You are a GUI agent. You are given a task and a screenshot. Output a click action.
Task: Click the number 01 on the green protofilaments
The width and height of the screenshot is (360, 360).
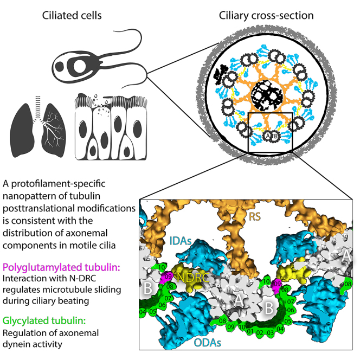[x=249, y=331]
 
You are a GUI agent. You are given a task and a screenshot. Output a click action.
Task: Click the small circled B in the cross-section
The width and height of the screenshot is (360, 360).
[x=274, y=137]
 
